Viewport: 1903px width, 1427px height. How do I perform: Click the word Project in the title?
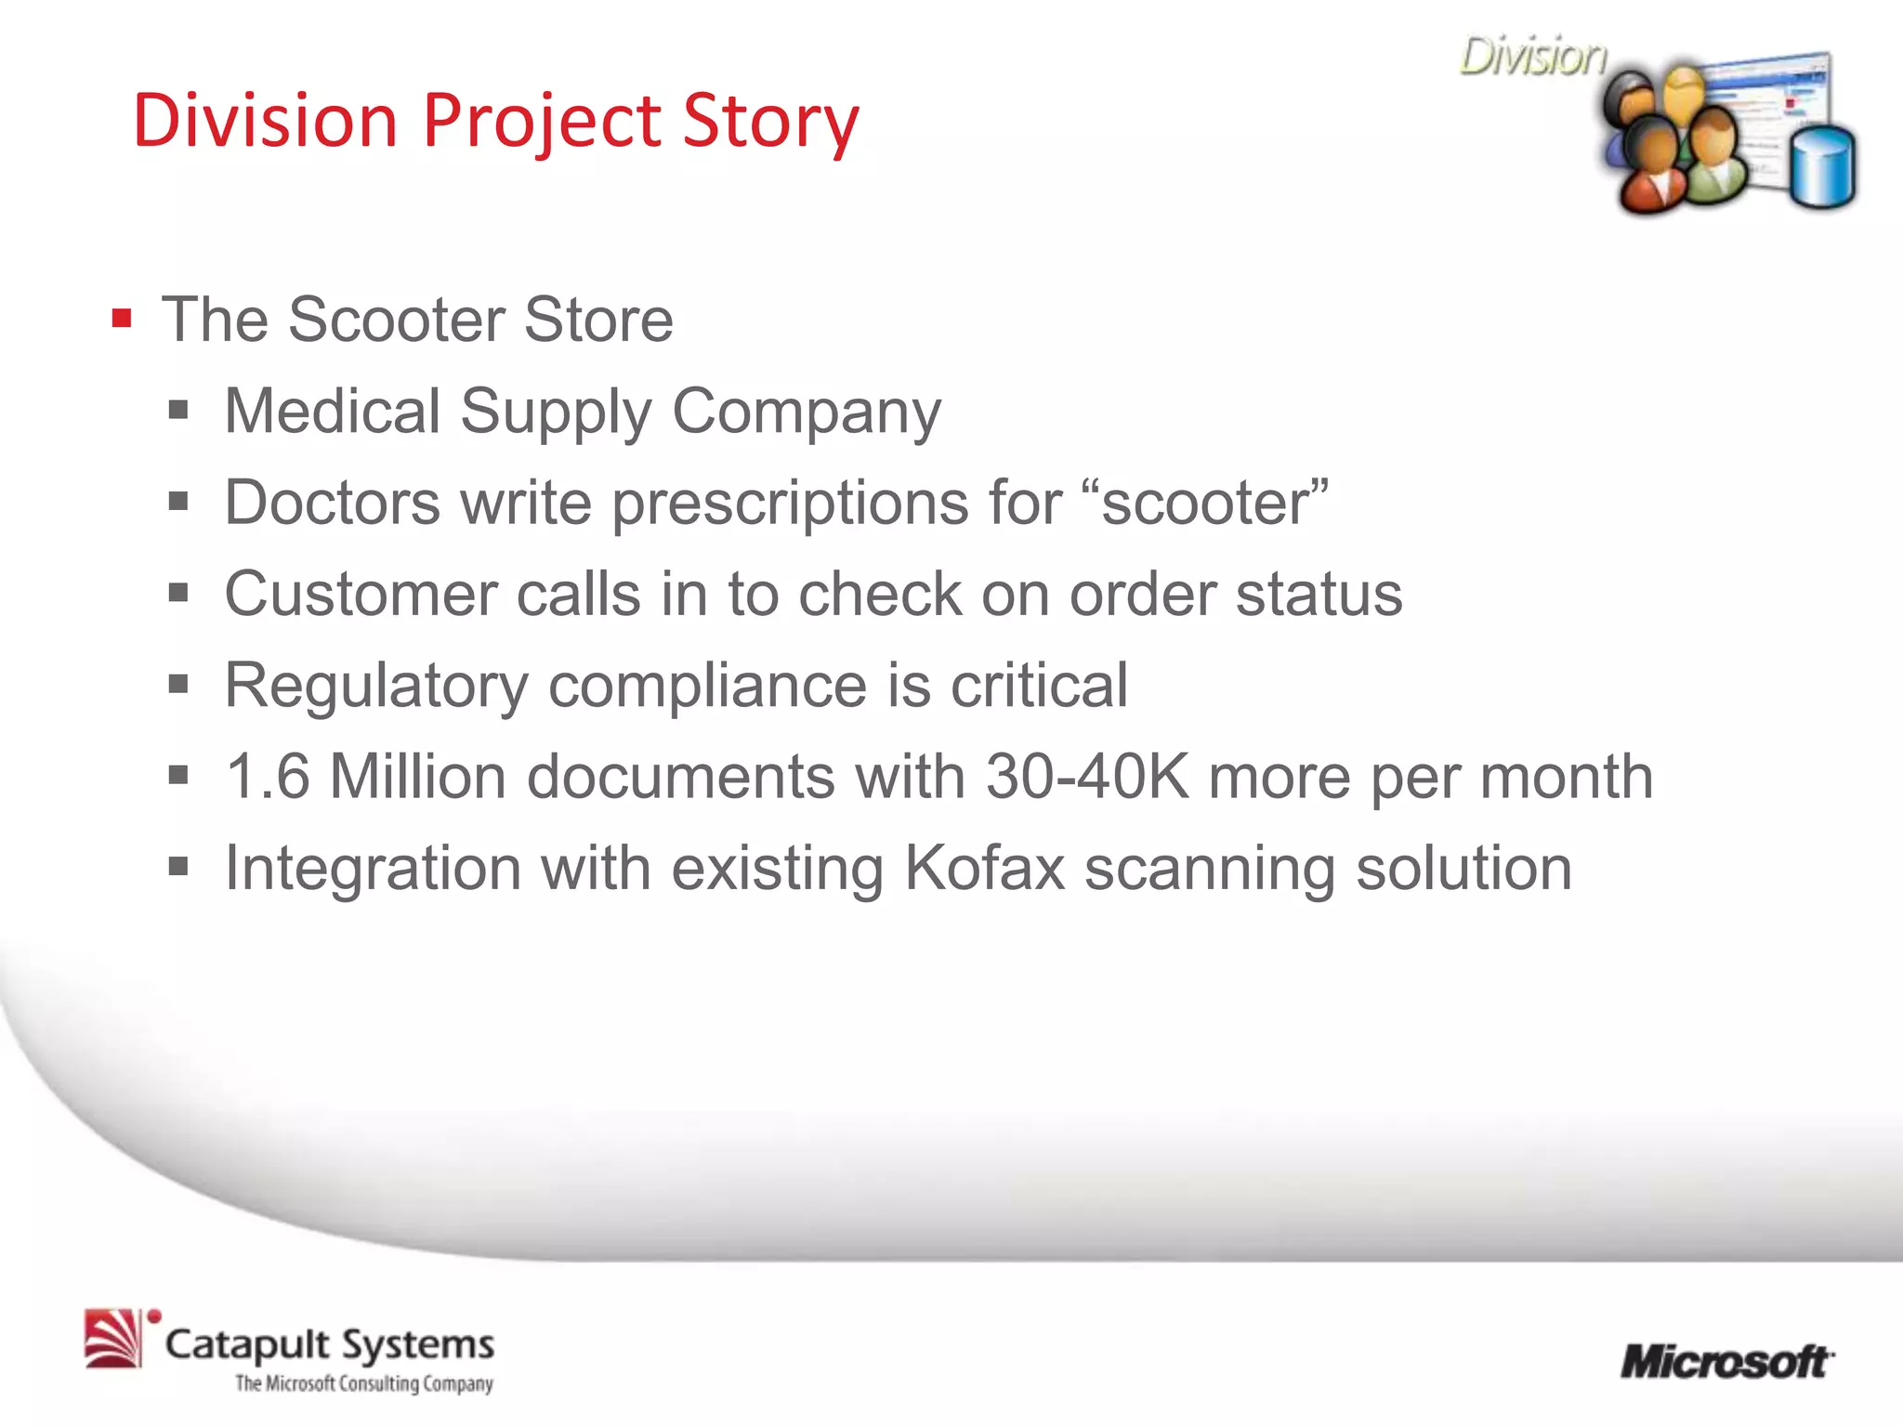[x=540, y=121]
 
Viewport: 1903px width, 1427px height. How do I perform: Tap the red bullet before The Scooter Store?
[x=122, y=320]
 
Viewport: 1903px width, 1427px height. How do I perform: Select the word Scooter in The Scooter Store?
[x=396, y=320]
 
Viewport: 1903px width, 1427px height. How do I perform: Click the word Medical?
[x=333, y=411]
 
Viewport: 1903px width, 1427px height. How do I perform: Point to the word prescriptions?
[x=790, y=503]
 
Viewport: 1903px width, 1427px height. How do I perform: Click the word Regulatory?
[x=376, y=686]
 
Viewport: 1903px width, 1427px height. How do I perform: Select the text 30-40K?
[x=1087, y=777]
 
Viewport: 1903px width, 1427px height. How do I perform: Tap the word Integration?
[x=373, y=869]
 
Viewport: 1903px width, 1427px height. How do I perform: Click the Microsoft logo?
[x=1726, y=1362]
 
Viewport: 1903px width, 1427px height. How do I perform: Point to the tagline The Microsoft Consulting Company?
[x=363, y=1383]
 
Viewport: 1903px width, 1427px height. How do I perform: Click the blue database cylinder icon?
[x=1822, y=168]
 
